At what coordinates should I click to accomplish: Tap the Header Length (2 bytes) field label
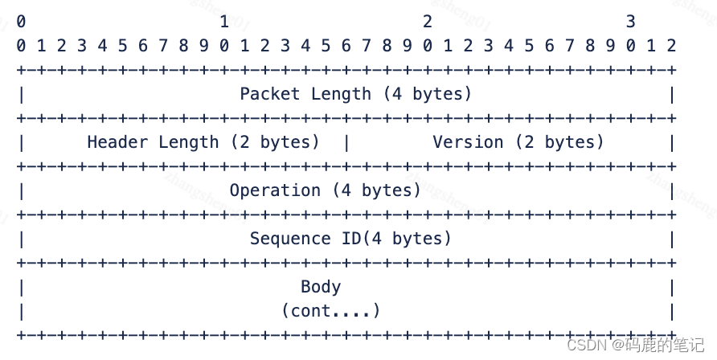(203, 142)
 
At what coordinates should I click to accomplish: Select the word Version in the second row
(468, 142)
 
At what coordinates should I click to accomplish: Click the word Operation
(275, 190)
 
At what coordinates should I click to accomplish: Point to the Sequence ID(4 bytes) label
(350, 239)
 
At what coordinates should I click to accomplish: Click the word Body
(321, 287)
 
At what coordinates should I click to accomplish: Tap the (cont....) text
(330, 310)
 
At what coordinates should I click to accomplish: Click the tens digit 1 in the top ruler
(223, 22)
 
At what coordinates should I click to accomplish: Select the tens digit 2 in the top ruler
(427, 22)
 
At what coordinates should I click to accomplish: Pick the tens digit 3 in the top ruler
(630, 22)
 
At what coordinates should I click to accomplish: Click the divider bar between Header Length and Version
(346, 142)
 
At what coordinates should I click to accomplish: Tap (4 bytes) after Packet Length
(427, 94)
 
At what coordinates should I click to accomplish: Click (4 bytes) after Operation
(376, 190)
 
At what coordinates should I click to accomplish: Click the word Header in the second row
(117, 142)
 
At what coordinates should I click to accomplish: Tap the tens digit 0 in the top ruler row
(20, 22)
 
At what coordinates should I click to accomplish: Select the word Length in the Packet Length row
(341, 94)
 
